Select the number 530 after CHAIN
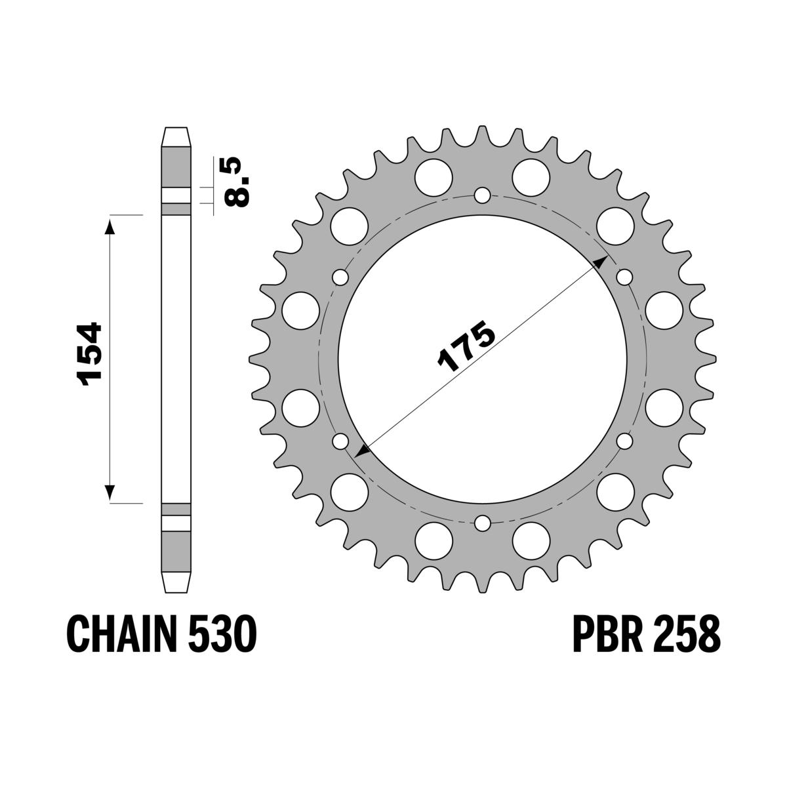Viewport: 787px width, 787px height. [x=222, y=634]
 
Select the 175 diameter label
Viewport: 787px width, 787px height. [x=466, y=346]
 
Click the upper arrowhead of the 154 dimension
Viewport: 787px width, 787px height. [x=110, y=226]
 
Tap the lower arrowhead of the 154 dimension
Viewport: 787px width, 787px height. [x=110, y=493]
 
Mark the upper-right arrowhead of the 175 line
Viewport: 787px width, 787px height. [x=599, y=263]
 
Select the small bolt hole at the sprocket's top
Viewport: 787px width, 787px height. [x=482, y=195]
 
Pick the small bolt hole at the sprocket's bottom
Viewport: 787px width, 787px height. [x=482, y=523]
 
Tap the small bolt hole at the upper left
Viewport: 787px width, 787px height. [x=340, y=277]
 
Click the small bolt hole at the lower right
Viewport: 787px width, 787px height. [x=624, y=441]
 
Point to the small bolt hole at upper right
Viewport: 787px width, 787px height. [x=624, y=277]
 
